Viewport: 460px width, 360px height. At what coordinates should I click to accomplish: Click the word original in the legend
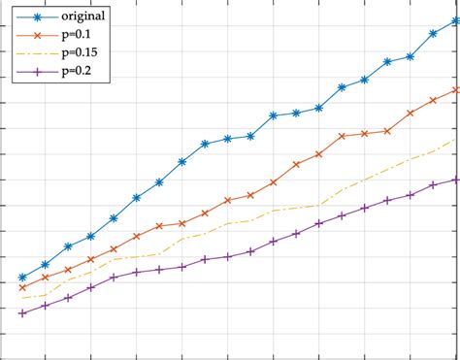82,16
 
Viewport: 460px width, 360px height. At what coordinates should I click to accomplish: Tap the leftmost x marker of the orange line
22,287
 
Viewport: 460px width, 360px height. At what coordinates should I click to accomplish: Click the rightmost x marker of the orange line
455,90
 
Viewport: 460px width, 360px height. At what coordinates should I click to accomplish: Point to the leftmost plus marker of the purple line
22,312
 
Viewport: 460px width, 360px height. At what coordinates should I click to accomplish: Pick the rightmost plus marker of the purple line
455,180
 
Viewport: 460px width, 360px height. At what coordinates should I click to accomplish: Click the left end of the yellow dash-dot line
22,299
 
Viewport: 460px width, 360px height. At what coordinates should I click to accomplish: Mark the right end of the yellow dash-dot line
455,140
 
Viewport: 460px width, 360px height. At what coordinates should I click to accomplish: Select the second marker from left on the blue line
46,264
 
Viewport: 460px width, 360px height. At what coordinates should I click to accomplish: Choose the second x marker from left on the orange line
46,278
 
